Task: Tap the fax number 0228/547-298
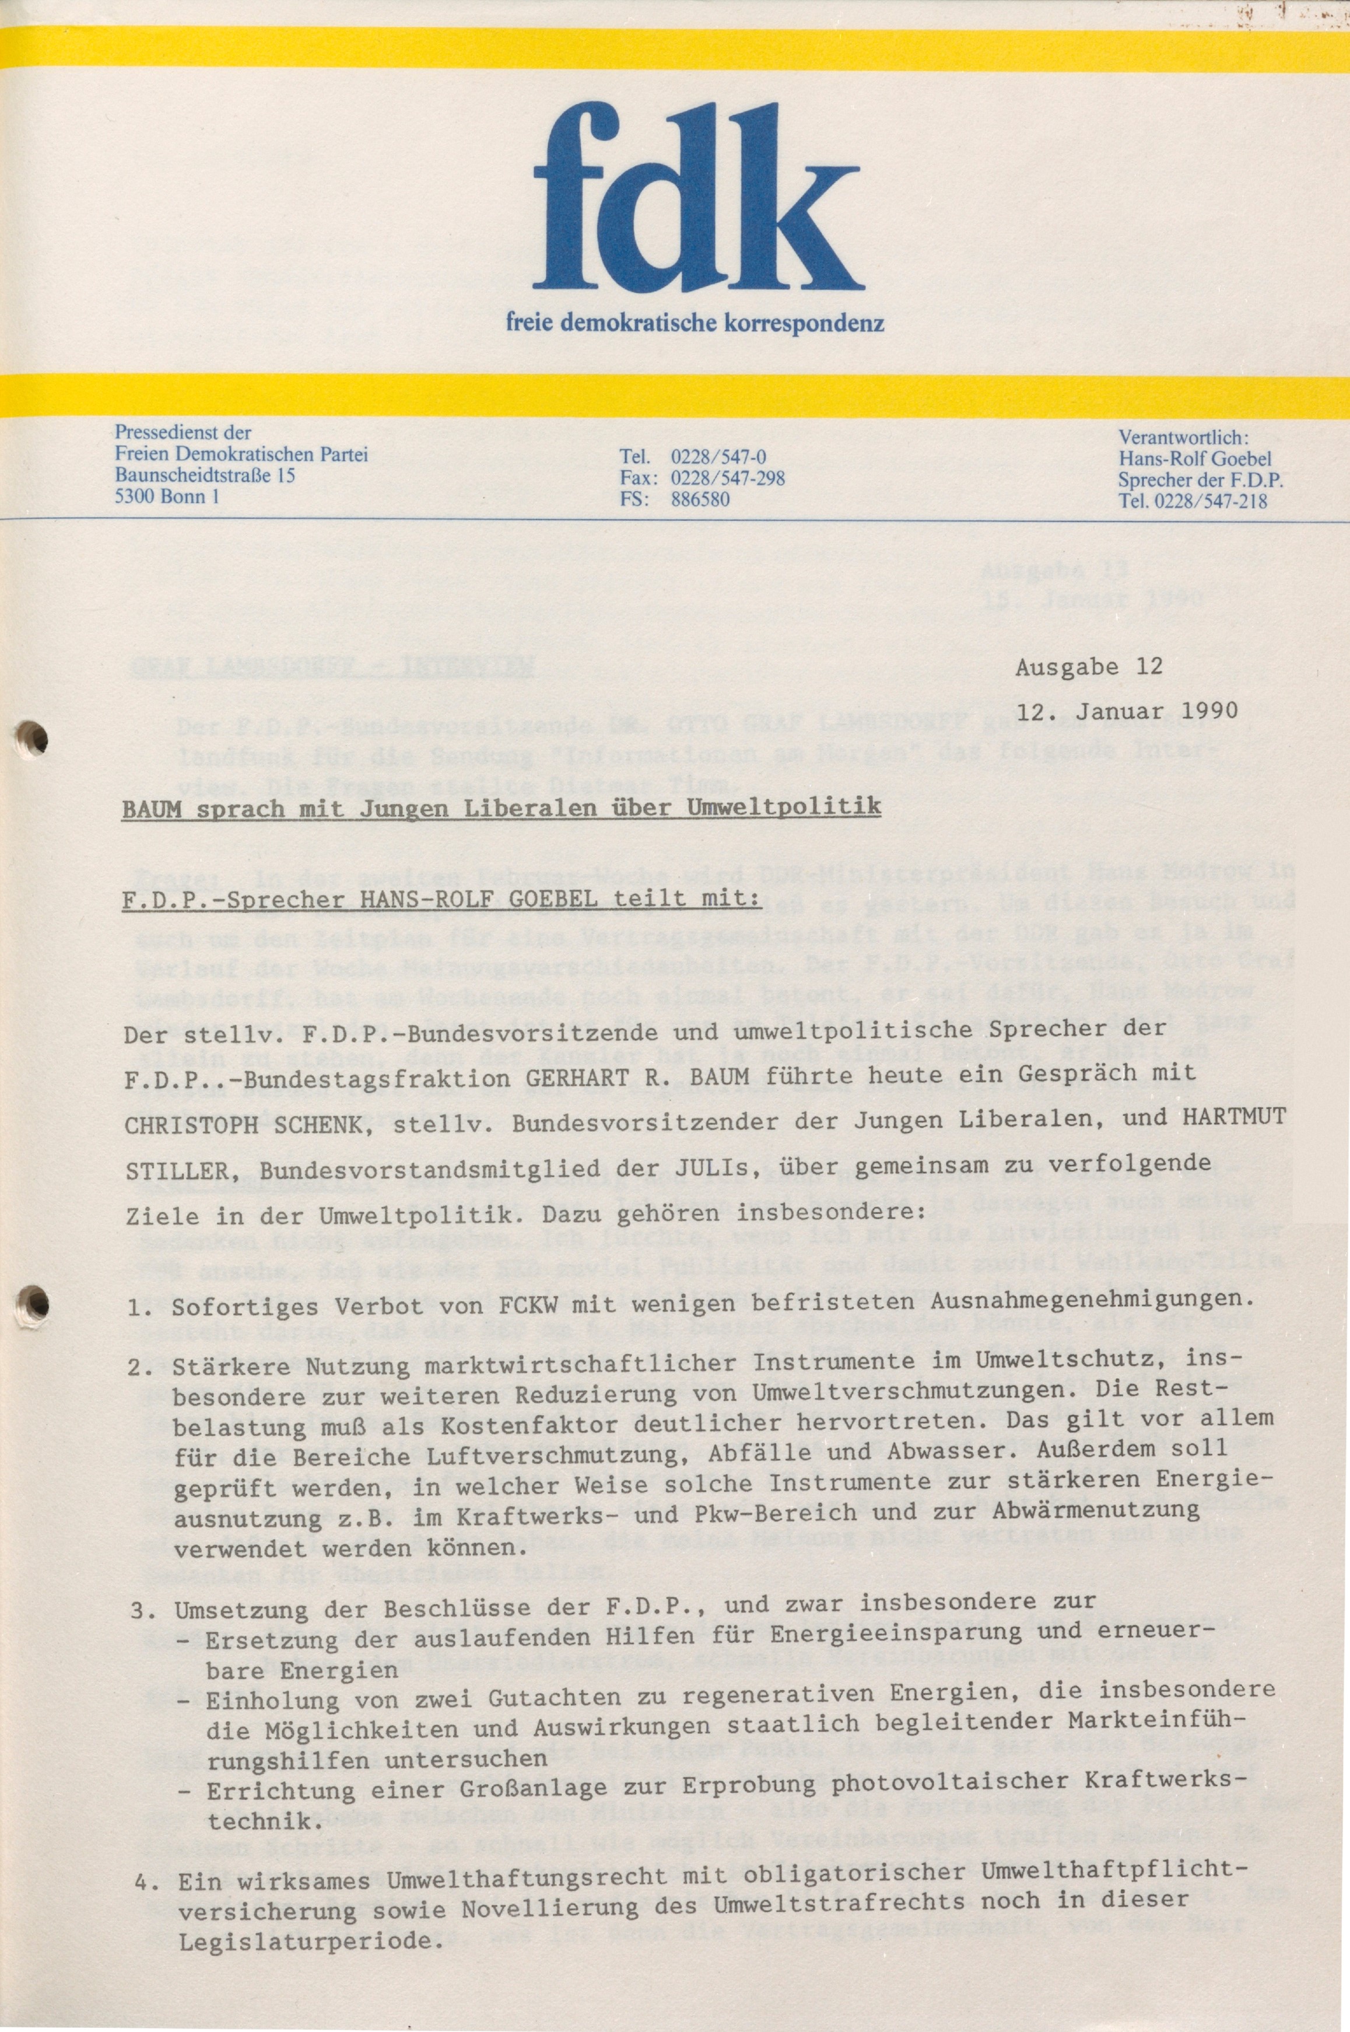click(728, 478)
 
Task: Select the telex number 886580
click(700, 499)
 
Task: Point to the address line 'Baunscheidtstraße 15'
click(205, 475)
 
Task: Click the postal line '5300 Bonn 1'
click(166, 495)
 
